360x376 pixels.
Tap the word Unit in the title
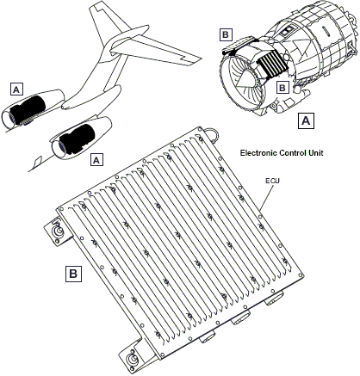click(316, 152)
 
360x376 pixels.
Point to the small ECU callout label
click(272, 181)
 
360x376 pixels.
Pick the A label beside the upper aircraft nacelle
click(16, 89)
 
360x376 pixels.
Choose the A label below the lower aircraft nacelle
click(96, 159)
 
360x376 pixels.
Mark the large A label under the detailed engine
click(306, 120)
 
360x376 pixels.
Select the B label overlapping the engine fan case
click(282, 88)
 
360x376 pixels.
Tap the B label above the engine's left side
click(226, 34)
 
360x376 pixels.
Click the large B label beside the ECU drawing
click(73, 274)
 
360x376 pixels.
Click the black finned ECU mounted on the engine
click(272, 65)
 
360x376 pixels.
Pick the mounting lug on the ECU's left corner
click(58, 231)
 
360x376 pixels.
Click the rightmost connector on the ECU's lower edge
click(274, 299)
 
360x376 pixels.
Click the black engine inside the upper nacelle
click(28, 110)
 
